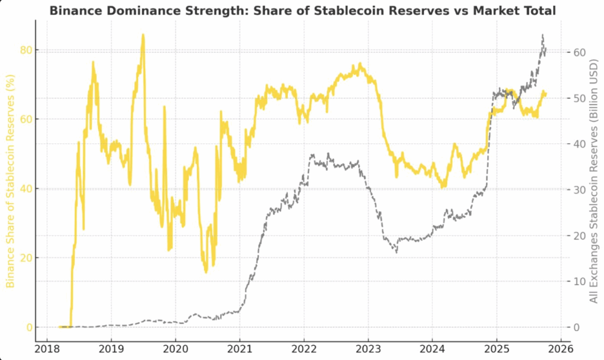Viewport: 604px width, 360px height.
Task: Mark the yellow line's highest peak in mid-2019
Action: pos(143,35)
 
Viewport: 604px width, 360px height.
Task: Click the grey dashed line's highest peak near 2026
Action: pos(543,35)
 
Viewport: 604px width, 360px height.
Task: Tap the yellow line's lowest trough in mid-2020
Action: pos(206,272)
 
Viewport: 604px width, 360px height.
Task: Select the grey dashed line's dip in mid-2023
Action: pos(396,252)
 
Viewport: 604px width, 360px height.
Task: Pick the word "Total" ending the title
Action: pos(537,10)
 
